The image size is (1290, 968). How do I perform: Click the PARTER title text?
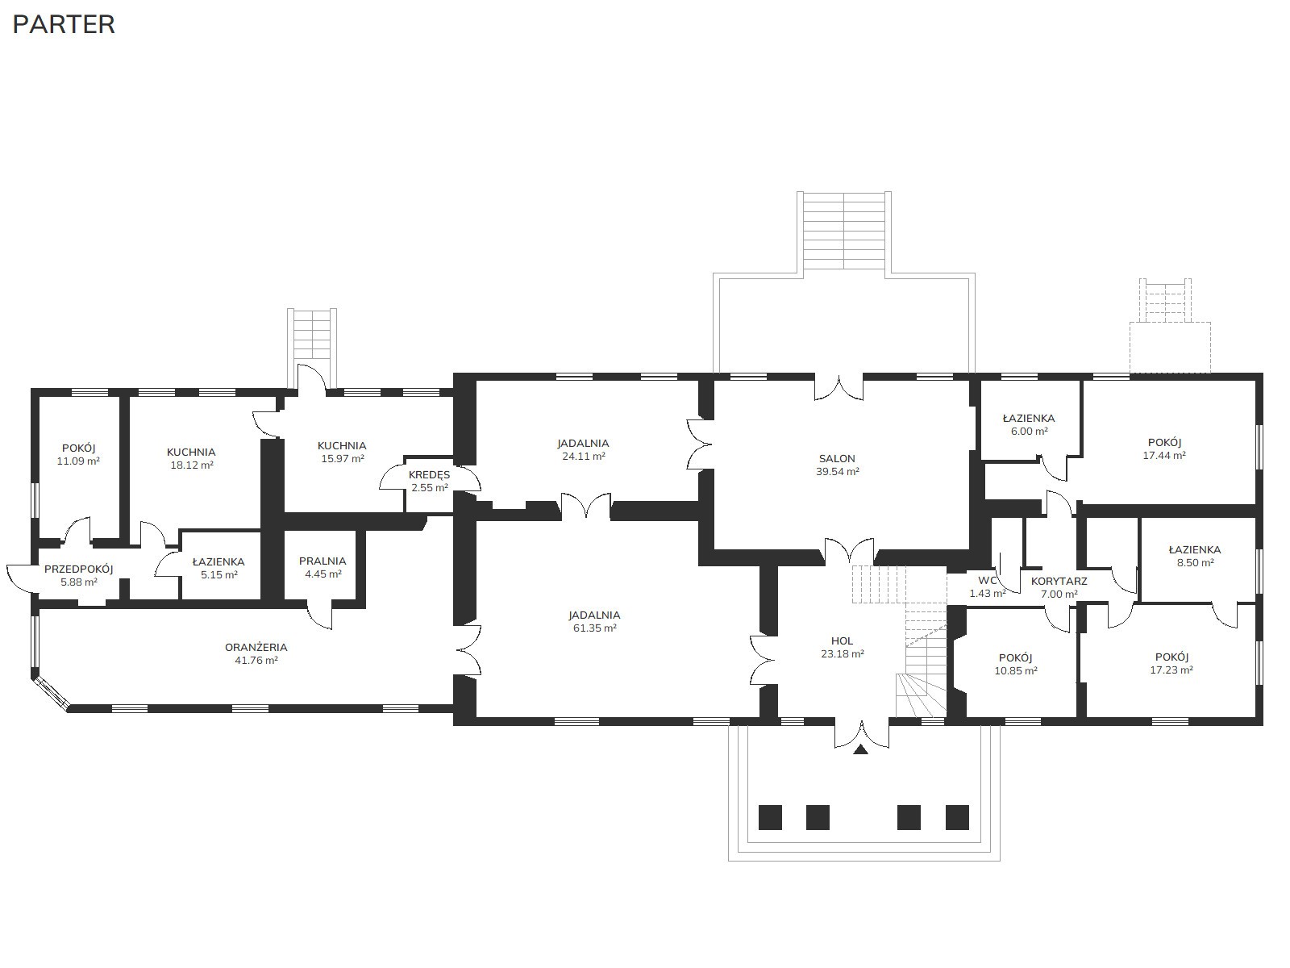[64, 25]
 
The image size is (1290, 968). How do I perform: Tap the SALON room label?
[837, 458]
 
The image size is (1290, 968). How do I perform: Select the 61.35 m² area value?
[595, 628]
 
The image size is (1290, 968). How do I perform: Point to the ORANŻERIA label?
[256, 647]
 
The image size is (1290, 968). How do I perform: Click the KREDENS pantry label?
[430, 475]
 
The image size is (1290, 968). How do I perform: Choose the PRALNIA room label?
[322, 561]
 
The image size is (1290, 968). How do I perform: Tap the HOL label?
[843, 640]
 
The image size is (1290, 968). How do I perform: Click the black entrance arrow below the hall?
[861, 749]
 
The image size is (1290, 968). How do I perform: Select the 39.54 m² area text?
[838, 471]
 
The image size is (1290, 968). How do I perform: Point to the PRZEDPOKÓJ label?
[79, 569]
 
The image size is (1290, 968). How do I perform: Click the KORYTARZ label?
[1059, 581]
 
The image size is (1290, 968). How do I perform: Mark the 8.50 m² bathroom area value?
[1195, 562]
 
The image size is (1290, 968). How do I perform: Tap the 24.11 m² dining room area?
[584, 456]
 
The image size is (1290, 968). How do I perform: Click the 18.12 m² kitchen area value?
[192, 465]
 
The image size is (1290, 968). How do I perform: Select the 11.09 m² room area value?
[78, 461]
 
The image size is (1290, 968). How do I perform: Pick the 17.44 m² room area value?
[1164, 455]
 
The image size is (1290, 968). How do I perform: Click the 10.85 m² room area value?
[1016, 670]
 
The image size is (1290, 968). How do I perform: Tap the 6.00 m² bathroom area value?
[1029, 431]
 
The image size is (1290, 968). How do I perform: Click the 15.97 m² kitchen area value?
[343, 458]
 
